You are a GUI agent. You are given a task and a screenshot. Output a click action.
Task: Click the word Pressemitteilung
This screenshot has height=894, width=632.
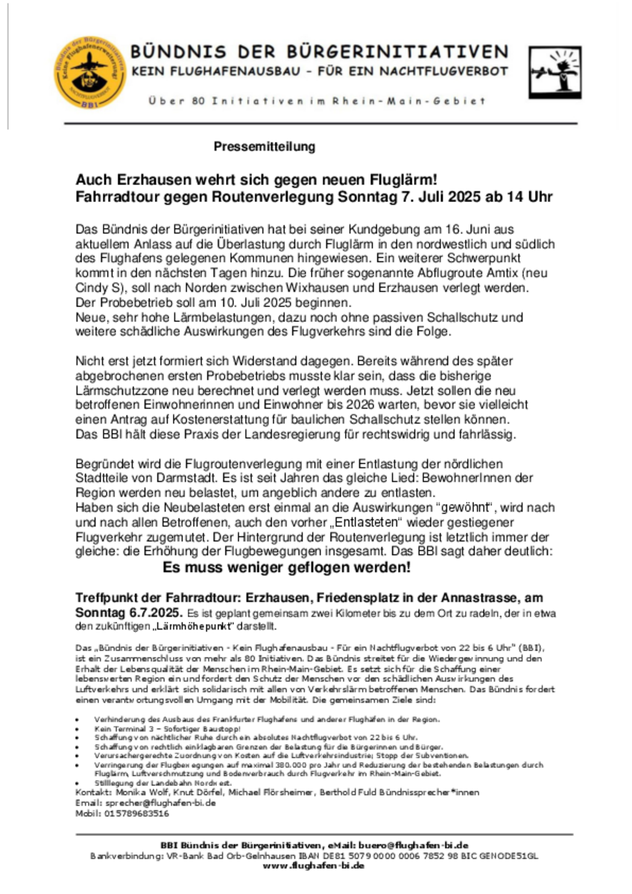[x=265, y=147]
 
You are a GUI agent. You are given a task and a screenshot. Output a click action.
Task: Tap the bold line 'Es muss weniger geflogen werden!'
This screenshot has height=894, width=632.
[x=287, y=567]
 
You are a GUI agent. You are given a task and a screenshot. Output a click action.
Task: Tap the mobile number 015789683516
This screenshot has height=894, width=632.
[x=138, y=814]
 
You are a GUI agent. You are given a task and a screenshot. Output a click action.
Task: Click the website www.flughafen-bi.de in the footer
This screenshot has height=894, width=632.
[x=315, y=866]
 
